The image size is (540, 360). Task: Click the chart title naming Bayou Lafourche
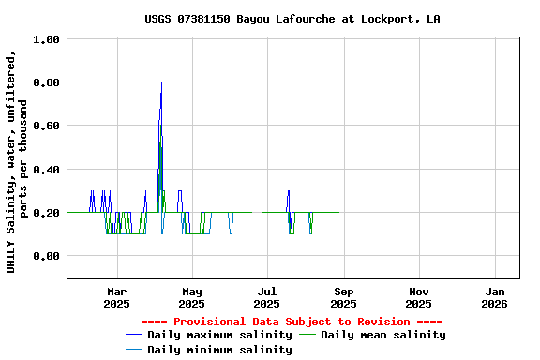292,19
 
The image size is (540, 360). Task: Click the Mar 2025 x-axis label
116,297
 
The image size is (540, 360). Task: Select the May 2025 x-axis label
191,297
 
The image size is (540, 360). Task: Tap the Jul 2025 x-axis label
267,297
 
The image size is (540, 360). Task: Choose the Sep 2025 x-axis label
343,297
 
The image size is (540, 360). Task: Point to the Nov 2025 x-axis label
419,297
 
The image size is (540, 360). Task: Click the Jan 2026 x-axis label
495,297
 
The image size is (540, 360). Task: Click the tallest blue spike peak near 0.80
161,82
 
